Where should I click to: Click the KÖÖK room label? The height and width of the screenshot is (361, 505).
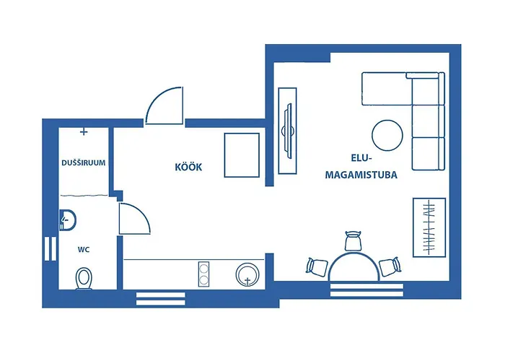tap(188, 168)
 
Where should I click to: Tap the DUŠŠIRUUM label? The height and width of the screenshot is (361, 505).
tap(84, 163)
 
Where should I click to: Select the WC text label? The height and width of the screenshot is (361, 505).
tap(84, 250)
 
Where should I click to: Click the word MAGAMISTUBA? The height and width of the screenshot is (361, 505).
tap(362, 175)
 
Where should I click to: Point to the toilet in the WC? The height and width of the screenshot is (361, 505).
tap(84, 277)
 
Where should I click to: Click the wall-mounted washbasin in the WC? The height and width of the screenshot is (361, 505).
tap(66, 217)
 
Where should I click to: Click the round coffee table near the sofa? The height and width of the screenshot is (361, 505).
tap(387, 134)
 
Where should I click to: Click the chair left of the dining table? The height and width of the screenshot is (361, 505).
tap(317, 266)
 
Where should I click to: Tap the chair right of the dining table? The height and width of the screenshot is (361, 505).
tap(390, 266)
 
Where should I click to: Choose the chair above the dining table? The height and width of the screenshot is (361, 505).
tap(353, 240)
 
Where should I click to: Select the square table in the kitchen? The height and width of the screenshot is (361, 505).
tap(242, 155)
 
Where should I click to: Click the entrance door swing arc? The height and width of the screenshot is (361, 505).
tap(163, 107)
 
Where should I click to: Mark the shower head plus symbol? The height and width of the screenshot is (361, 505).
tap(84, 132)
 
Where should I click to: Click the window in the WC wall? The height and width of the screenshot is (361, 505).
tap(50, 248)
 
